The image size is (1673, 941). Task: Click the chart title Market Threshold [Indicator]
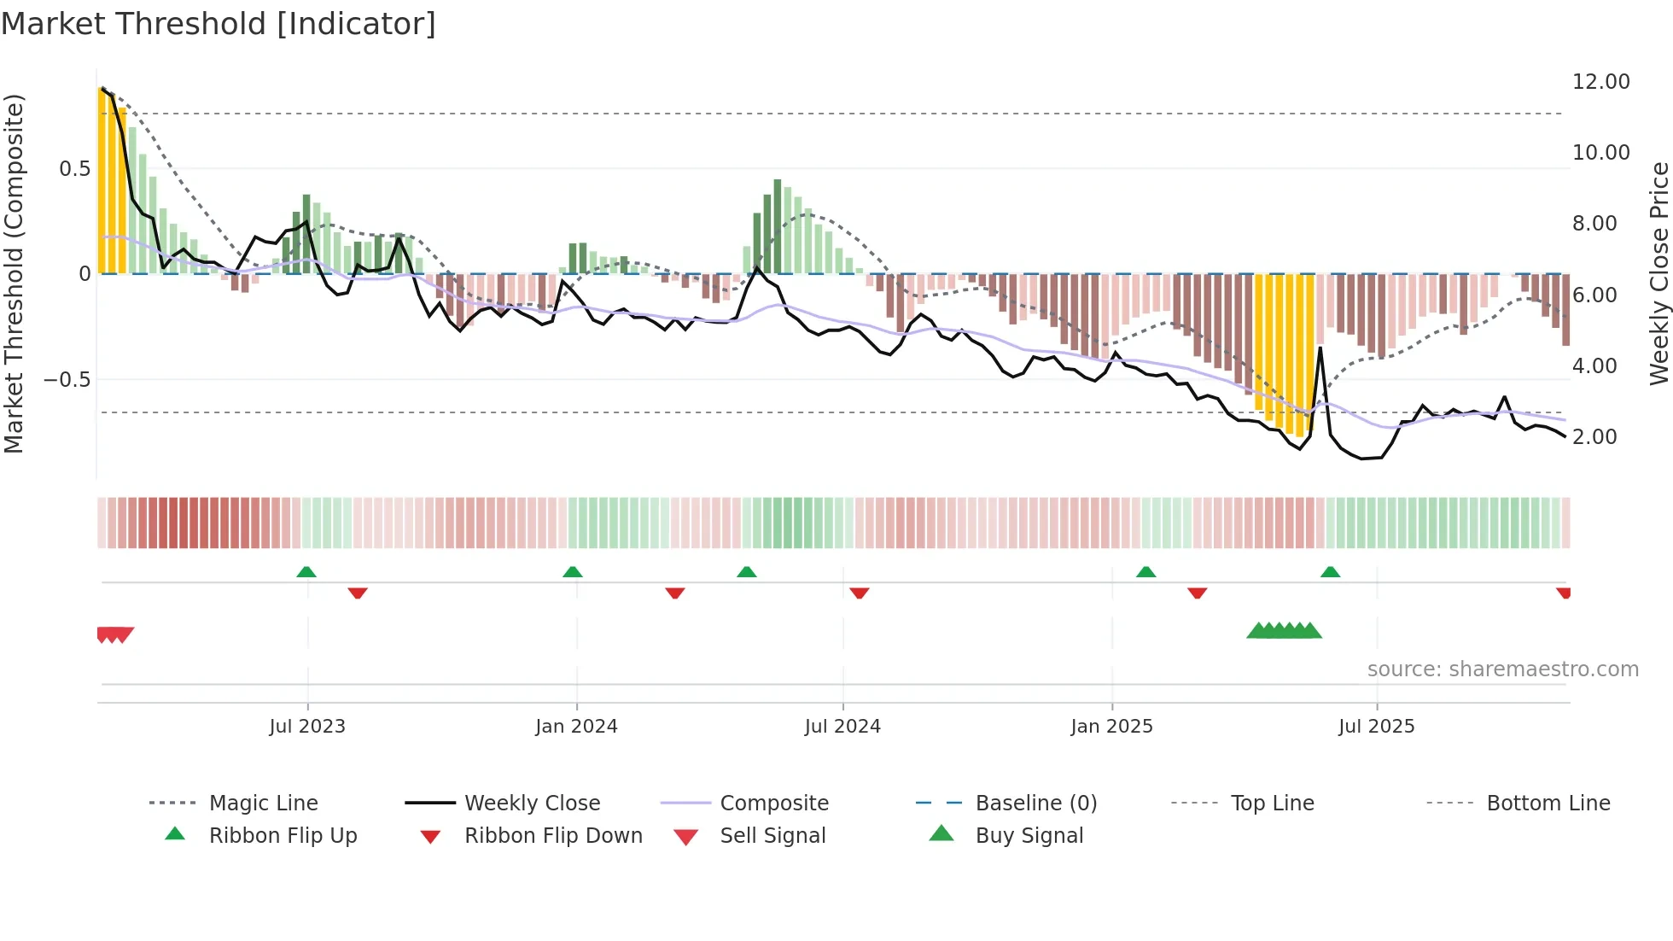219,24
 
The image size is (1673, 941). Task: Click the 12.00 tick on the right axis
1600,82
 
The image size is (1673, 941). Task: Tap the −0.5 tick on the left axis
67,379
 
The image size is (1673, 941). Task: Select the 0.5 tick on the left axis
75,169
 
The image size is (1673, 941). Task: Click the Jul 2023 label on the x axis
307,727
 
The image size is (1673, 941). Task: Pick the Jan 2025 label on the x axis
1111,727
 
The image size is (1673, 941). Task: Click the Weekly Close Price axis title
1658,273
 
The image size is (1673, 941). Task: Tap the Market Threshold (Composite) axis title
14,273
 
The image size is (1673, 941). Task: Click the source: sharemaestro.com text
1502,669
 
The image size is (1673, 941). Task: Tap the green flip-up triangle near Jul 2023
306,572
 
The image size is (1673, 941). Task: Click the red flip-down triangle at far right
1564,593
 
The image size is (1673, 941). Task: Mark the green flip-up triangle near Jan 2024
573,572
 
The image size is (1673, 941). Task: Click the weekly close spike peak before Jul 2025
1320,348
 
